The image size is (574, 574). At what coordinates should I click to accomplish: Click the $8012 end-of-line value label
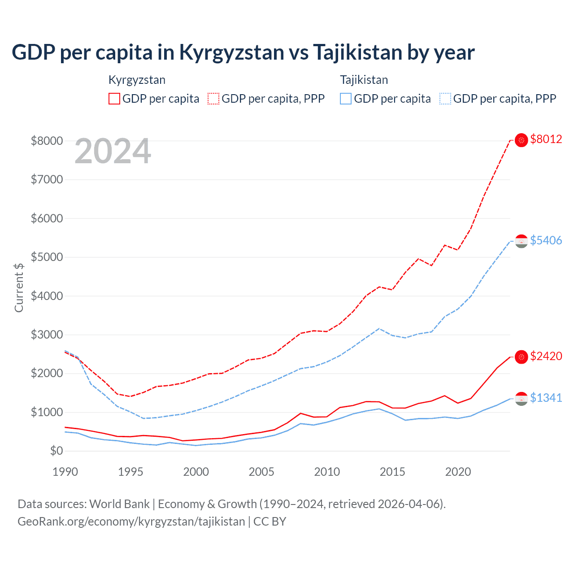546,139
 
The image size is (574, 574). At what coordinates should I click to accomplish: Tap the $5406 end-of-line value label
546,241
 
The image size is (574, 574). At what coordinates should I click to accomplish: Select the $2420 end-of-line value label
546,357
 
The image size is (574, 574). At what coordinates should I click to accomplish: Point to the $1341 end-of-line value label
546,398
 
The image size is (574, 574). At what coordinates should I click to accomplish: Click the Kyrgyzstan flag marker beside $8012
521,140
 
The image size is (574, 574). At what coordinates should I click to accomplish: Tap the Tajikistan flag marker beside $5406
521,241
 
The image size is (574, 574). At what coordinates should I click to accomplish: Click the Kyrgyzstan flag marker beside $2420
521,357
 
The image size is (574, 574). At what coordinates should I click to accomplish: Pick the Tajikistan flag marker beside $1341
521,399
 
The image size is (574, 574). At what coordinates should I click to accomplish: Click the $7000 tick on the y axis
47,180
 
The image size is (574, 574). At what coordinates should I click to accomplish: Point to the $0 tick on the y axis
56,451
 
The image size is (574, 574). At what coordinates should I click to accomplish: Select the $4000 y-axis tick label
47,296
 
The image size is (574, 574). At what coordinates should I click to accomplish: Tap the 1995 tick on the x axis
130,472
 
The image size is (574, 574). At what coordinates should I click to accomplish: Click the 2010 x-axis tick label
327,472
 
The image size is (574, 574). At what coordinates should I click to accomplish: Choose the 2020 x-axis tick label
458,472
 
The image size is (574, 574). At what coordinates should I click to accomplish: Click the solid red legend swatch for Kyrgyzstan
114,99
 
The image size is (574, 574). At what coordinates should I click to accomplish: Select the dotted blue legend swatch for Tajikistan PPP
445,99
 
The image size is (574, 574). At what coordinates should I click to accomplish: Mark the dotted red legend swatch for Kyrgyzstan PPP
213,99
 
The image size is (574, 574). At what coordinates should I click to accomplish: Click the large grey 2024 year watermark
113,152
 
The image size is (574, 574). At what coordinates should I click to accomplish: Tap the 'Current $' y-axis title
19,287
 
